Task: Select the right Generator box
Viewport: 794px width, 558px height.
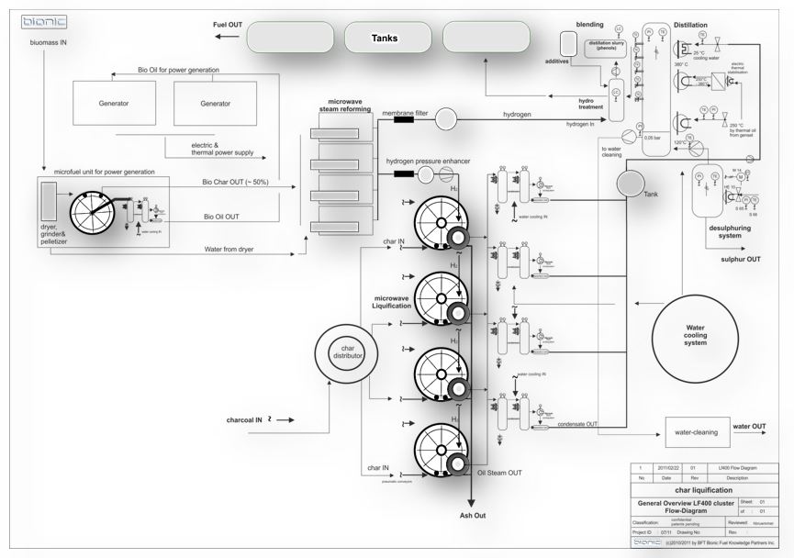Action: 215,103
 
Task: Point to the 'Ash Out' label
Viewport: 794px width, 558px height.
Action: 472,516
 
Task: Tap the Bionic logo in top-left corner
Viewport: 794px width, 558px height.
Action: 39,20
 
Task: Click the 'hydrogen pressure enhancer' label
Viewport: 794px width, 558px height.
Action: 429,161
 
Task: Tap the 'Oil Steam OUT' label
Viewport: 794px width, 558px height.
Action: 499,473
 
